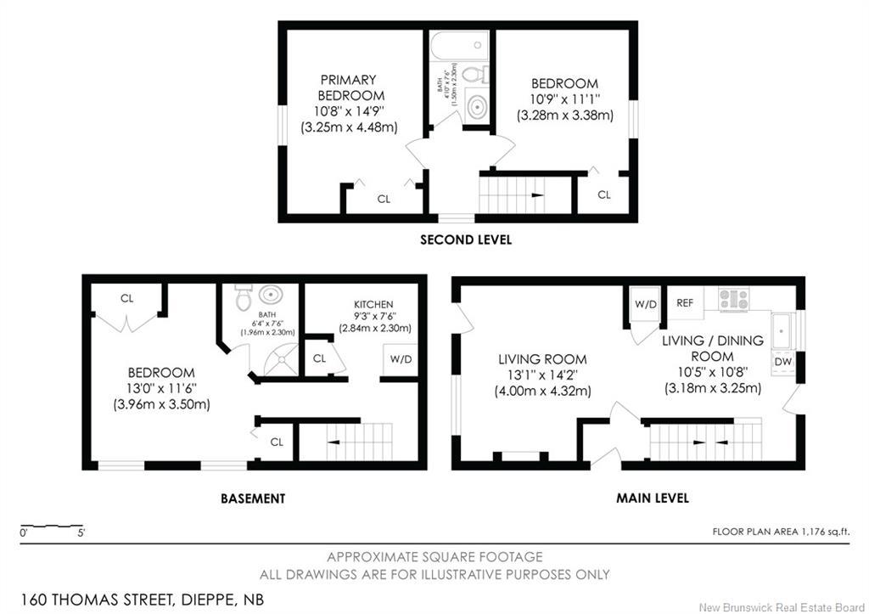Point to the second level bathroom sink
click(x=478, y=108)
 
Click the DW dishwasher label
click(x=782, y=362)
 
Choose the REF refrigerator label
click(x=685, y=301)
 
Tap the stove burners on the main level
click(x=734, y=299)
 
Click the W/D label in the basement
click(x=401, y=359)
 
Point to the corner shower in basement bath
click(x=278, y=361)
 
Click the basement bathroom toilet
click(x=243, y=297)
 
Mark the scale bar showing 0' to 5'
click(x=51, y=529)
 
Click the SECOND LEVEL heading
click(x=466, y=240)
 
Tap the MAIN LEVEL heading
click(x=652, y=498)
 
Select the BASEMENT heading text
click(x=253, y=499)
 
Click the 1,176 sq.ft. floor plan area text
click(x=781, y=532)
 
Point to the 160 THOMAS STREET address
click(x=143, y=599)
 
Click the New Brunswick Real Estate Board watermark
click(x=781, y=606)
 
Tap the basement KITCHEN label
click(x=373, y=304)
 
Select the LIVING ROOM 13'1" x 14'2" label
click(x=543, y=375)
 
